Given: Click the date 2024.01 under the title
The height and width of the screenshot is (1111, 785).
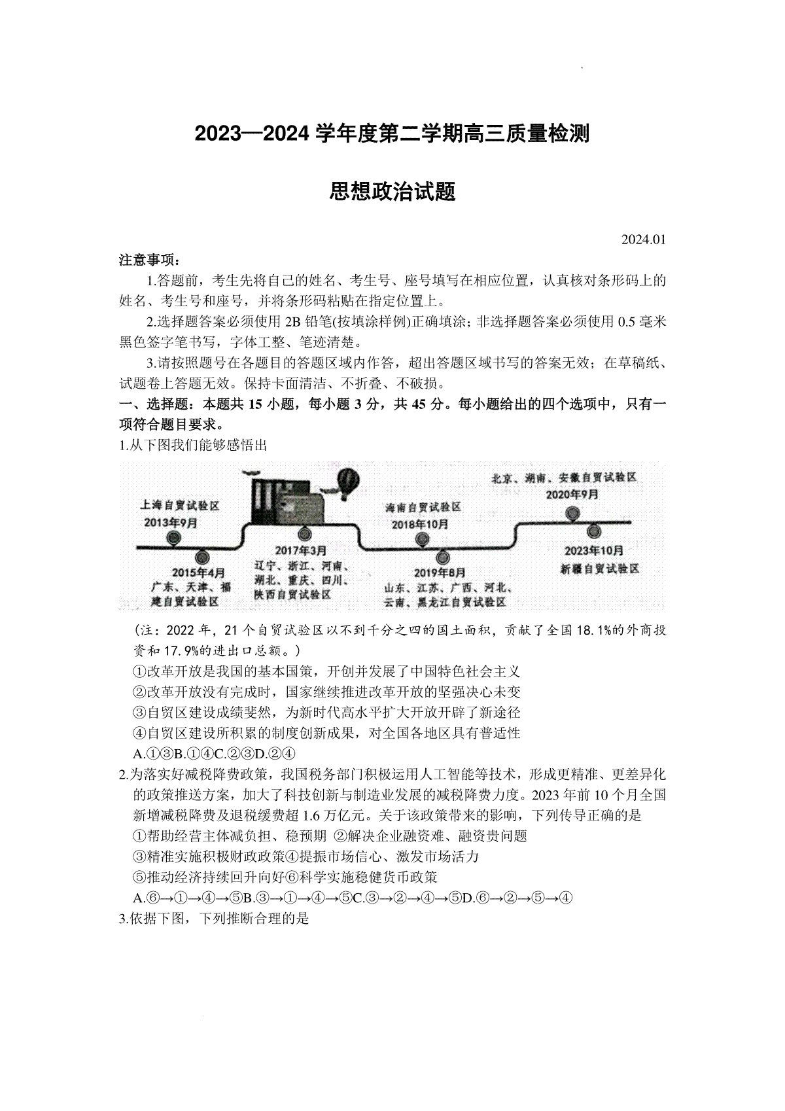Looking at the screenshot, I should pyautogui.click(x=644, y=239).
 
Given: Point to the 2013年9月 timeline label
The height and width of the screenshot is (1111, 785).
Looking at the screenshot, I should pyautogui.click(x=171, y=522).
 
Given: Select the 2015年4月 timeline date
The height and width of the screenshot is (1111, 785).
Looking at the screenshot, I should pyautogui.click(x=198, y=571).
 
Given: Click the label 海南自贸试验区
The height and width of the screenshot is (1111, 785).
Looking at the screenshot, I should pyautogui.click(x=423, y=507).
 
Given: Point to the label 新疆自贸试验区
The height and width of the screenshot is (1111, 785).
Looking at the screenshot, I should pyautogui.click(x=599, y=569).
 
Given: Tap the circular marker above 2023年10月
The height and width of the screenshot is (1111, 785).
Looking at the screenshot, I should pyautogui.click(x=594, y=531).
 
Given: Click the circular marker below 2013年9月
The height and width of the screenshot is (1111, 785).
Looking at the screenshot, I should pyautogui.click(x=173, y=538).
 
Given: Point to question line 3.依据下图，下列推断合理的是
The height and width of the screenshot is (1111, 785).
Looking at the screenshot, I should pyautogui.click(x=214, y=919).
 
